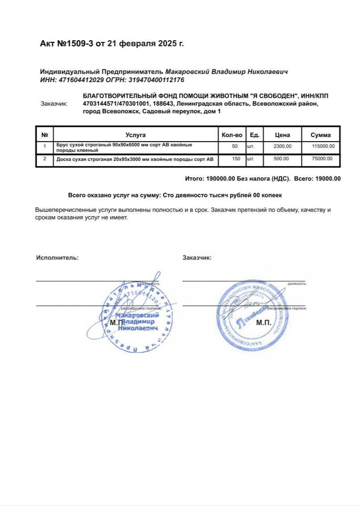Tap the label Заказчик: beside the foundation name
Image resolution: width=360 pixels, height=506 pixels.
pyautogui.click(x=54, y=104)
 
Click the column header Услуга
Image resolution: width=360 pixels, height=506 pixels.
pyautogui.click(x=135, y=135)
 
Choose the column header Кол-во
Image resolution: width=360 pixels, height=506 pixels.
pyautogui.click(x=232, y=135)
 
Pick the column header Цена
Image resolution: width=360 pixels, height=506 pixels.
pyautogui.click(x=282, y=135)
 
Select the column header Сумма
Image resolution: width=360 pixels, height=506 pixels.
pyautogui.click(x=321, y=135)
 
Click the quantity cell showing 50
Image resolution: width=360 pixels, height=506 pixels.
pyautogui.click(x=235, y=146)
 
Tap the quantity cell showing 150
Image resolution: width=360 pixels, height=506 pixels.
pyautogui.click(x=236, y=159)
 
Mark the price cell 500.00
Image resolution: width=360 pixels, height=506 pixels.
pyautogui.click(x=281, y=159)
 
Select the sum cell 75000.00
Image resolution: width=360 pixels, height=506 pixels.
pyautogui.click(x=322, y=159)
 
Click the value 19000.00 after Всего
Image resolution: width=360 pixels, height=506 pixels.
pyautogui.click(x=328, y=179)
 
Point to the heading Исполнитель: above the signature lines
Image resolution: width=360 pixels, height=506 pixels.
pyautogui.click(x=57, y=258)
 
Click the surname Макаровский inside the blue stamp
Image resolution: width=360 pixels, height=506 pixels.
pyautogui.click(x=128, y=315)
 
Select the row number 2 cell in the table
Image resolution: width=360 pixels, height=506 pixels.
pyautogui.click(x=44, y=159)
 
